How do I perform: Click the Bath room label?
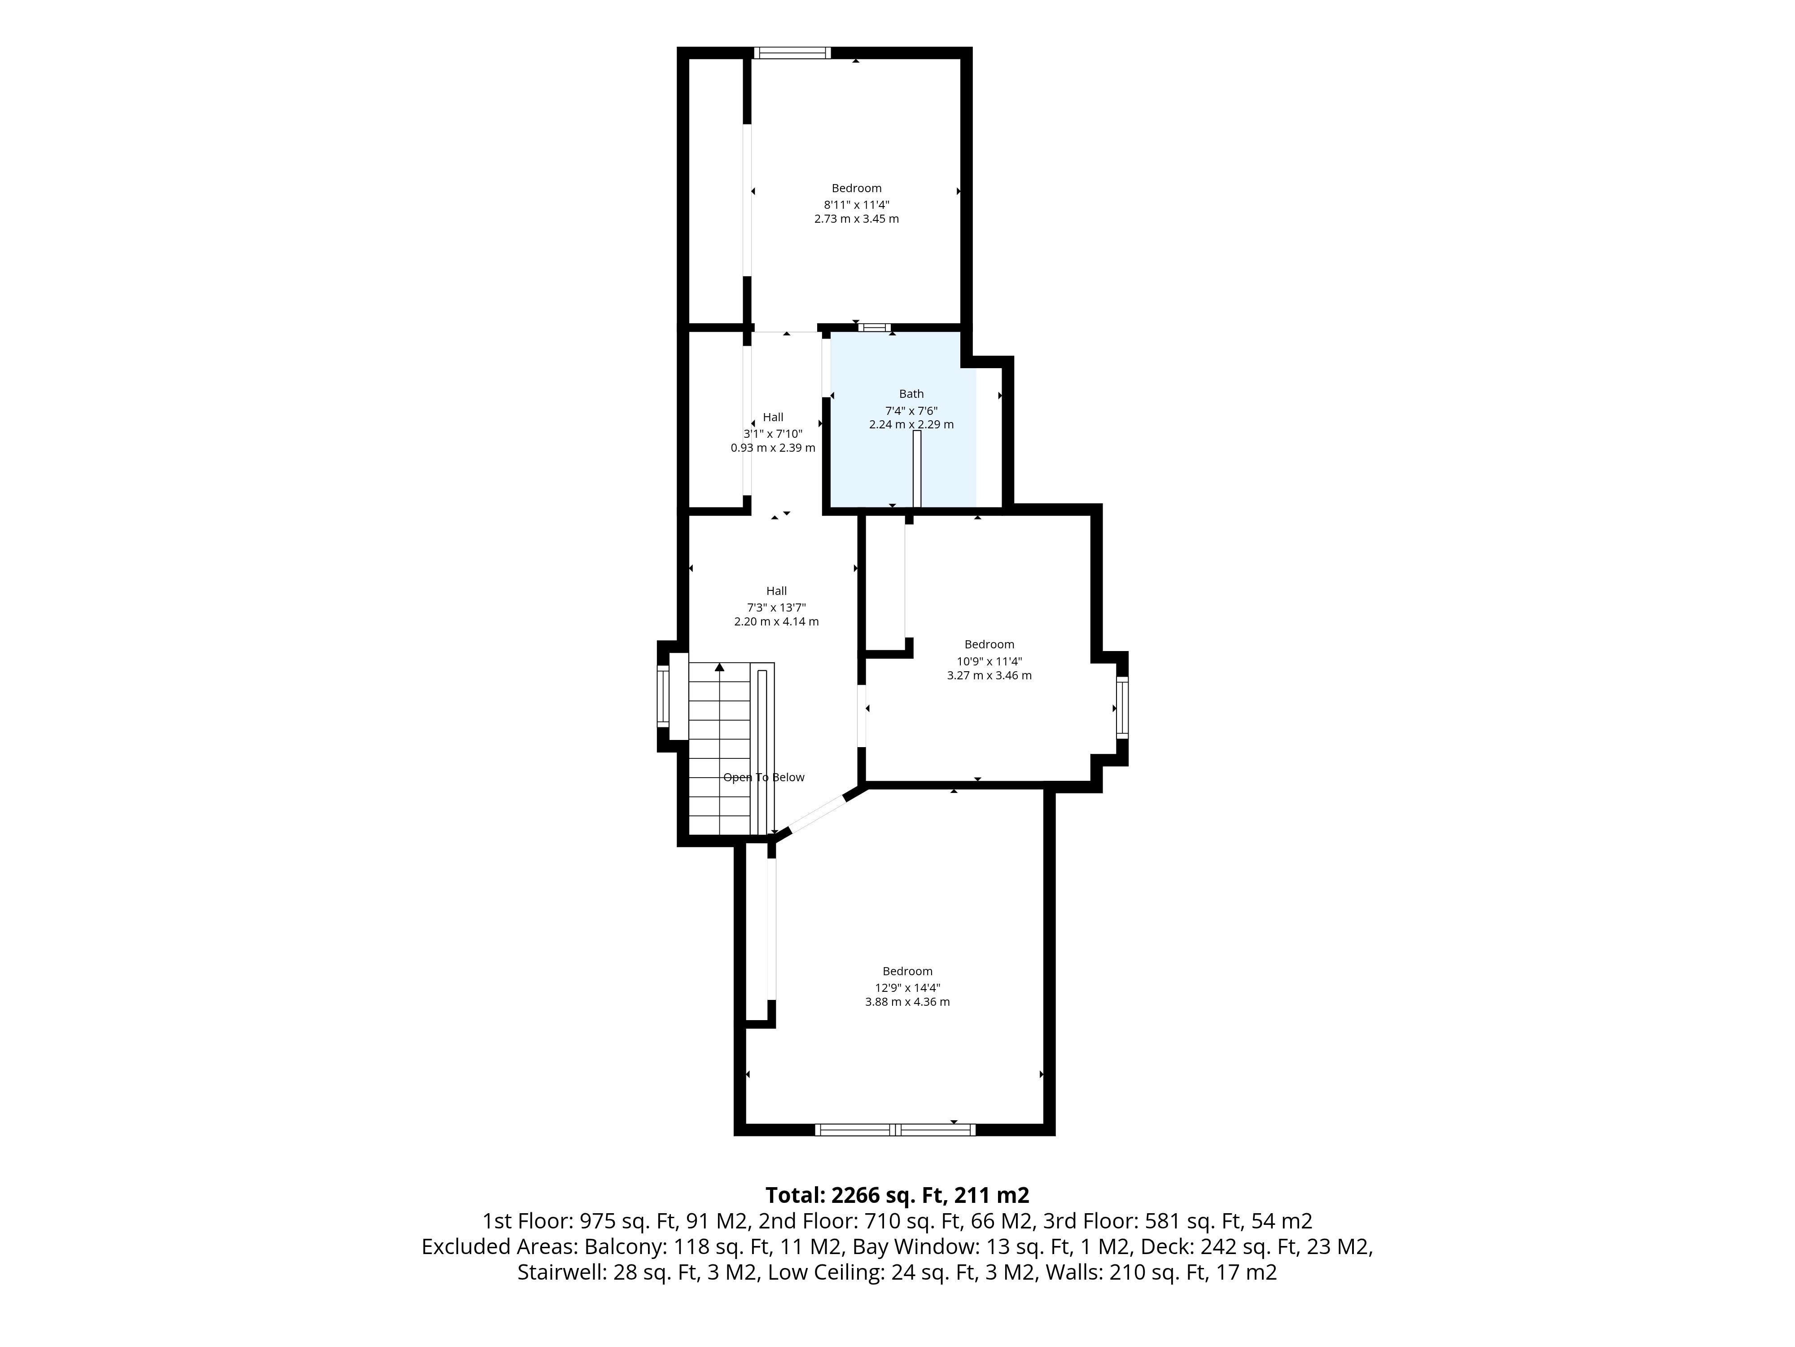click(x=911, y=394)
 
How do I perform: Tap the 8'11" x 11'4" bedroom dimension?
click(x=856, y=205)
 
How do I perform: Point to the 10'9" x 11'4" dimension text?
click(x=989, y=661)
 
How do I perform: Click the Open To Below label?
click(x=764, y=777)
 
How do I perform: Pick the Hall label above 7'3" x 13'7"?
click(x=777, y=591)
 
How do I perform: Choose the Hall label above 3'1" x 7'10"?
click(x=773, y=417)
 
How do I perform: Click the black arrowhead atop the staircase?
click(x=719, y=667)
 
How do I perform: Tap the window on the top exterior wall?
click(x=792, y=53)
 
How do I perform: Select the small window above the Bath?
click(x=875, y=328)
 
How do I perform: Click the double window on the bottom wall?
click(x=895, y=1129)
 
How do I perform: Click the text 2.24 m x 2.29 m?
click(x=911, y=425)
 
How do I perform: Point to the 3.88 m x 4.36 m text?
click(x=907, y=1002)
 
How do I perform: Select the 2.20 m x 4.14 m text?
click(x=777, y=622)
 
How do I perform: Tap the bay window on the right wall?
click(x=1121, y=708)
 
